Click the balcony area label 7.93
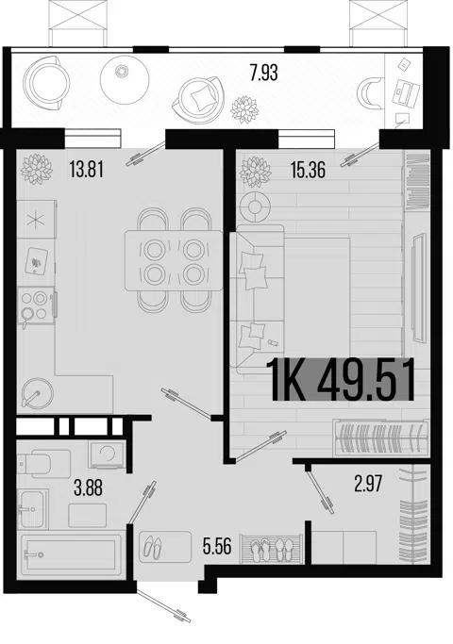[x=263, y=73]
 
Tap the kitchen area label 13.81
[x=86, y=169]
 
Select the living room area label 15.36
[x=308, y=170]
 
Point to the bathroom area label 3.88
[x=88, y=488]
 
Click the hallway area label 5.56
[x=217, y=546]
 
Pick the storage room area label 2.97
[x=368, y=484]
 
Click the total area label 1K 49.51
[x=343, y=380]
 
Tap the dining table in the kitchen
[x=175, y=261]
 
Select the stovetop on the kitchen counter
[x=36, y=305]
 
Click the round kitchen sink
[x=37, y=392]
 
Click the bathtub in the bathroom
[x=70, y=554]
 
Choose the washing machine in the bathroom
[x=106, y=454]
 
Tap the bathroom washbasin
[x=33, y=509]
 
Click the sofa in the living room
[x=260, y=299]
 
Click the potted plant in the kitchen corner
[x=37, y=169]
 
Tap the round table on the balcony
[x=125, y=78]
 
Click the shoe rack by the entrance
[x=272, y=549]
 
